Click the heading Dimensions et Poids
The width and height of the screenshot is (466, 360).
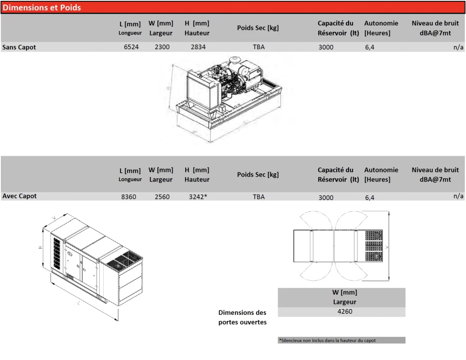tap(41, 7)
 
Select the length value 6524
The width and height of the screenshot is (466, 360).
tap(131, 47)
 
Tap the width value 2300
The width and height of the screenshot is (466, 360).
tap(162, 47)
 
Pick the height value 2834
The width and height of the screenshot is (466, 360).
tap(198, 47)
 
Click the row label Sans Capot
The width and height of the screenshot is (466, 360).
tap(19, 47)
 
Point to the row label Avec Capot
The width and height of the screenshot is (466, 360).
tap(19, 196)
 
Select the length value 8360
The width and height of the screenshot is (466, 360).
tap(129, 197)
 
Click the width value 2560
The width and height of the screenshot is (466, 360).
tap(162, 197)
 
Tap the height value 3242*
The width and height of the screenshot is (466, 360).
tap(198, 197)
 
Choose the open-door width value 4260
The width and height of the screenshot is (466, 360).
tap(345, 312)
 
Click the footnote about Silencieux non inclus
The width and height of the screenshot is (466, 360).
tap(327, 340)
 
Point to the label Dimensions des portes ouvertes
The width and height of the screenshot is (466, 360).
tap(243, 317)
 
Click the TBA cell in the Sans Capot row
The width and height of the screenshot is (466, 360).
tap(258, 47)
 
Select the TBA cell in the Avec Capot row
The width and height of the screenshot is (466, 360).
tap(258, 197)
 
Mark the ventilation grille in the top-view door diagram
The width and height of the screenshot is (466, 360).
tap(374, 246)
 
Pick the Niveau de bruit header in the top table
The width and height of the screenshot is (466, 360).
tap(435, 28)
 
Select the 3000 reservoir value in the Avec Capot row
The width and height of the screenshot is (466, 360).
tap(326, 198)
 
